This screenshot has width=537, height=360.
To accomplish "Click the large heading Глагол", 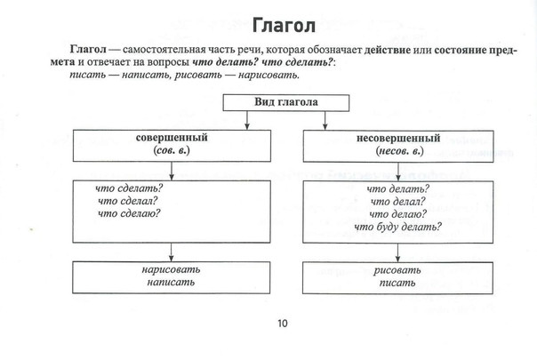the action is coord(284,26).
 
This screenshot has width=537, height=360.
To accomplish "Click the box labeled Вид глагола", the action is coord(286,103).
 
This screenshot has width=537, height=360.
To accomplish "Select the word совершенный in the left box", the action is coord(172,138).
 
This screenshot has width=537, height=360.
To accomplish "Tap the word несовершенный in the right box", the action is coord(398,139).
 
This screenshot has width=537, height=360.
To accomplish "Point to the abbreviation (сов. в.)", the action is coord(172,151).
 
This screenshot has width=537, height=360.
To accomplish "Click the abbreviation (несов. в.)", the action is coord(399,151).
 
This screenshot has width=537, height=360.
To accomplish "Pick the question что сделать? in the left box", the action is coord(129,188).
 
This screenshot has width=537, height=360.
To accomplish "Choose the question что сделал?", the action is coord(127,201).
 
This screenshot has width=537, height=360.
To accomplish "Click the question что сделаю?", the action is coord(129,213).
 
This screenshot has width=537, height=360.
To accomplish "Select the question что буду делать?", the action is coord(398,227).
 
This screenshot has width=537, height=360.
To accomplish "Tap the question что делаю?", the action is coord(398,214).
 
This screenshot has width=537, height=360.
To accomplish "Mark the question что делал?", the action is coord(397,202).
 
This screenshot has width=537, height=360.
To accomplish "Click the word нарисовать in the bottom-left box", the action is coord(171,270).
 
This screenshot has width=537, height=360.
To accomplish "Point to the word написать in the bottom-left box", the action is coord(171,283).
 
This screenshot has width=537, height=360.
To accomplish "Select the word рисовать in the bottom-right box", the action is coord(397,270).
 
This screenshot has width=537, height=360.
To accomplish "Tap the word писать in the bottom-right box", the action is coord(397,284).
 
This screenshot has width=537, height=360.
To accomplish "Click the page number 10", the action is coord(283,324).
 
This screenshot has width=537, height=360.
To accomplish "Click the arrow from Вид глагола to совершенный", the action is coord(247,120).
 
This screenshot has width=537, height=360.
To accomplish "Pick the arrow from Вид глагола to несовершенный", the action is coord(325,120).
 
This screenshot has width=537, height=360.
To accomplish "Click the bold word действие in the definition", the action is coord(387,50).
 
